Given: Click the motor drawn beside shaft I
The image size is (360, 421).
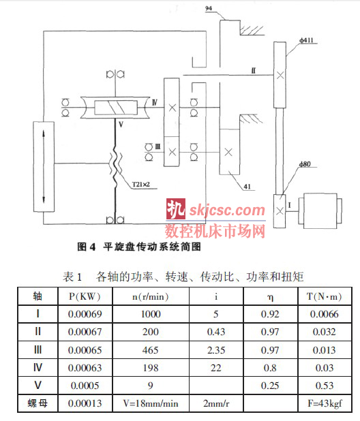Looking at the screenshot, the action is pyautogui.click(x=322, y=210).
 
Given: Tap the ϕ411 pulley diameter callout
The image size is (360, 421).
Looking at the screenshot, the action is pyautogui.click(x=307, y=40).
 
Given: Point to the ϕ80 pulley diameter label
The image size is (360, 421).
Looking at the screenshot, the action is pyautogui.click(x=305, y=164).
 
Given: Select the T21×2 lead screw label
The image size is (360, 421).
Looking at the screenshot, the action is pyautogui.click(x=140, y=185).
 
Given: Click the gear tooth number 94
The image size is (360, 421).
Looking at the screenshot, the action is pyautogui.click(x=209, y=8).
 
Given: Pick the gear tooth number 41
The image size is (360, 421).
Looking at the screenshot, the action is pyautogui.click(x=247, y=187).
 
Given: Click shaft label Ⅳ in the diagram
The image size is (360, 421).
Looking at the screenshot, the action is pyautogui.click(x=155, y=102).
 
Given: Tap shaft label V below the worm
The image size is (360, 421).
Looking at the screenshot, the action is pyautogui.click(x=121, y=125).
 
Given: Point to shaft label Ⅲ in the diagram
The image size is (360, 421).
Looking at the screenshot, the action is pyautogui.click(x=157, y=146).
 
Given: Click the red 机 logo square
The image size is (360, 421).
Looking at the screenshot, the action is pyautogui.click(x=176, y=209).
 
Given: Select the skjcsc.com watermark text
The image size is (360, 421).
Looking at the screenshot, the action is pyautogui.click(x=227, y=210).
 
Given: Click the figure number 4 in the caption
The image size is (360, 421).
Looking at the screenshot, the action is pyautogui.click(x=93, y=247).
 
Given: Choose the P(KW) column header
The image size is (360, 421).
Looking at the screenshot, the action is pyautogui.click(x=85, y=296).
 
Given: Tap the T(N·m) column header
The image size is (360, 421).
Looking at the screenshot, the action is pyautogui.click(x=325, y=296).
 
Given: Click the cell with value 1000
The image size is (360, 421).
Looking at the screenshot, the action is pyautogui.click(x=151, y=314).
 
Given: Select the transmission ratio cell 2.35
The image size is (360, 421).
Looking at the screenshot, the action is pyautogui.click(x=216, y=350).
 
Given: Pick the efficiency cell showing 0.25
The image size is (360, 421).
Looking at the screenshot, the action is pyautogui.click(x=270, y=386).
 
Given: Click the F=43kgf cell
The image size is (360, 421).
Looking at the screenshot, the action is pyautogui.click(x=325, y=403).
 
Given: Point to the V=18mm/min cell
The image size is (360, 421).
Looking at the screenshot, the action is pyautogui.click(x=151, y=403).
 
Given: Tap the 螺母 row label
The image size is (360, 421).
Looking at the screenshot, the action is pyautogui.click(x=37, y=403).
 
